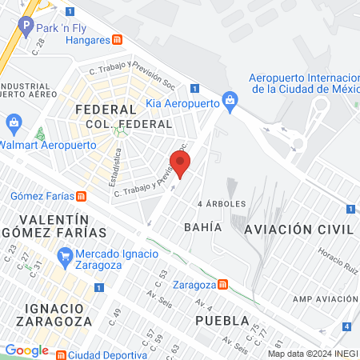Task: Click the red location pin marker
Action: point(181,162)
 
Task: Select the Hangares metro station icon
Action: point(118,39)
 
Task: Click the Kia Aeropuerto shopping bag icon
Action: point(230,99)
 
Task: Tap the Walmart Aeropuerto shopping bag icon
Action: point(13,122)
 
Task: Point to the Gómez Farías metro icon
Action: point(81,196)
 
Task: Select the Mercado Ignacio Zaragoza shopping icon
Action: point(65,256)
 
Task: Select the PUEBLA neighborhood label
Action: point(218,321)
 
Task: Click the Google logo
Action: point(26,350)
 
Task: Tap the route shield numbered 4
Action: point(346,326)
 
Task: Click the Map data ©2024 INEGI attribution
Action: point(313,354)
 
